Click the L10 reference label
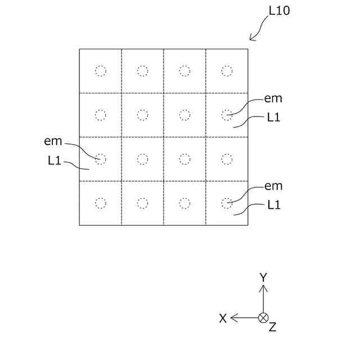(x=280, y=11)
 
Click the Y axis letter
(x=263, y=277)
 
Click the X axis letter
(x=223, y=318)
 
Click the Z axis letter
(x=272, y=327)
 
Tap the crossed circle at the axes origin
(x=263, y=318)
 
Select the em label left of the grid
(x=53, y=141)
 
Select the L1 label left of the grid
(x=54, y=161)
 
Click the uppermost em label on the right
(x=273, y=98)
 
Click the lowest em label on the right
(x=273, y=186)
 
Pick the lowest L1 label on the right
(x=274, y=205)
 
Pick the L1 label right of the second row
(x=274, y=117)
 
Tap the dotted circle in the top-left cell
(x=100, y=71)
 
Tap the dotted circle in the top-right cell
(x=227, y=71)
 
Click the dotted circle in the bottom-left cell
(x=100, y=203)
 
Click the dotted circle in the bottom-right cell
(x=227, y=203)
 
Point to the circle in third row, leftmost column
(x=100, y=159)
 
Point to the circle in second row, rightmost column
(x=227, y=115)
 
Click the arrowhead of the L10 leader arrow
(x=251, y=39)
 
